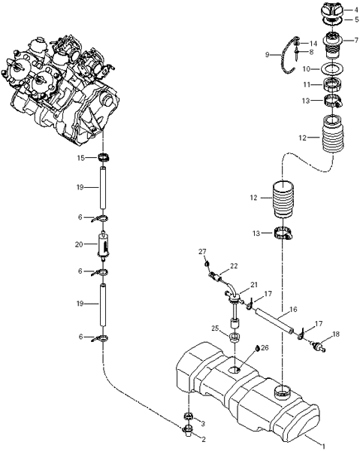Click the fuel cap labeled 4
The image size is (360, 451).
tap(332, 11)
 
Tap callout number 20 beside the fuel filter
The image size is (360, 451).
tap(79, 244)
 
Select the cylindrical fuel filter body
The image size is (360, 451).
tap(104, 245)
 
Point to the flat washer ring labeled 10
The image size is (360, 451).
tap(332, 69)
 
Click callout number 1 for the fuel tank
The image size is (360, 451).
tap(323, 446)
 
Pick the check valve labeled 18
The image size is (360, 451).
tap(318, 346)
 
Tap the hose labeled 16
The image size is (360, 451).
tap(274, 321)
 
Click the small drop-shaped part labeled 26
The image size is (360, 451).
tap(257, 348)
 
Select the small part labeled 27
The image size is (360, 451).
tap(206, 264)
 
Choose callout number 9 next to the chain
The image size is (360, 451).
tap(267, 55)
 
